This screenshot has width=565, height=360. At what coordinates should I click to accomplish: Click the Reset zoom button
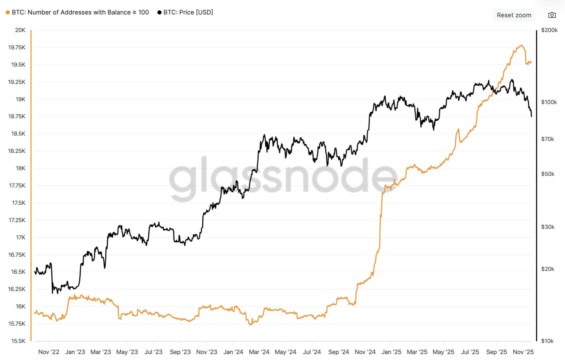tap(514, 15)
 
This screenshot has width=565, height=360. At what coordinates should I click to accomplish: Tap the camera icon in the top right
tap(552, 15)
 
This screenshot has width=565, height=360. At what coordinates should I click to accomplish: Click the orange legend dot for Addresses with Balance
tap(8, 12)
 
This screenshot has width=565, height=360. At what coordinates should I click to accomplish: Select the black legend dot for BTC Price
tap(159, 12)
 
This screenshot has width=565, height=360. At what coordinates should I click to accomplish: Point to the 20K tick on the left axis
tap(20, 30)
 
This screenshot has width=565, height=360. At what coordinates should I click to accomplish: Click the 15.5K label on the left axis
tap(18, 341)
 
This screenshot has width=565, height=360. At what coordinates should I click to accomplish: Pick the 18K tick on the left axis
tap(20, 168)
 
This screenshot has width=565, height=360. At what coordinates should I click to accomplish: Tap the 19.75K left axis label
tap(17, 47)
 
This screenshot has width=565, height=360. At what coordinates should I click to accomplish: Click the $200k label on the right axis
tap(549, 30)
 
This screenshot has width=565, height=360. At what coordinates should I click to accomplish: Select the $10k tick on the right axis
tap(547, 341)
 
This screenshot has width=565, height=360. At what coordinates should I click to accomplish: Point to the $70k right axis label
tap(547, 139)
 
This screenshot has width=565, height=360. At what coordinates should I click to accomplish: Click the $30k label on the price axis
tap(547, 227)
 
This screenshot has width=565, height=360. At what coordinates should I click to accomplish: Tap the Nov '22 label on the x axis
tap(49, 352)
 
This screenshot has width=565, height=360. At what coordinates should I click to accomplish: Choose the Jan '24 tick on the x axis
tap(233, 352)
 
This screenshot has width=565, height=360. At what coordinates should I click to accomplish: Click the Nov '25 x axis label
tap(523, 352)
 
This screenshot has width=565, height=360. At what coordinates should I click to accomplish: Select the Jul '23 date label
tap(153, 352)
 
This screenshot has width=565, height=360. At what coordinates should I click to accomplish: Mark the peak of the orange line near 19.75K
tap(521, 45)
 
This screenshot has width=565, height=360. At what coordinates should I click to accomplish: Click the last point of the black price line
tap(531, 116)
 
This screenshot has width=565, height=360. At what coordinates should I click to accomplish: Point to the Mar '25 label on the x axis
tap(417, 352)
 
